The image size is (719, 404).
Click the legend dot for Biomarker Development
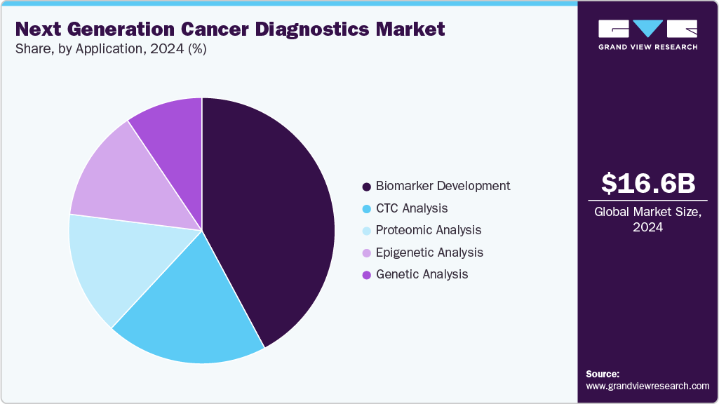click(x=366, y=187)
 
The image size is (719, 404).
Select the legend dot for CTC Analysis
click(x=366, y=209)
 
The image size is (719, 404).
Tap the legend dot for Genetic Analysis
click(x=366, y=275)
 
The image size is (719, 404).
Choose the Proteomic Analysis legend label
click(x=429, y=230)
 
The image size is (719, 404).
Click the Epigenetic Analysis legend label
click(x=429, y=252)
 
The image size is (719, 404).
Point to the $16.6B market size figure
click(x=648, y=183)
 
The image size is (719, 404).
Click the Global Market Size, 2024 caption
click(x=648, y=220)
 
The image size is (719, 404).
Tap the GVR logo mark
click(x=648, y=29)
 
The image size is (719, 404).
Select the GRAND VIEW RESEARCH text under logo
click(x=648, y=47)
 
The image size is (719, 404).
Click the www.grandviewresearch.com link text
click(x=647, y=386)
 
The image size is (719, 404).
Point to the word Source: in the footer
click(x=603, y=374)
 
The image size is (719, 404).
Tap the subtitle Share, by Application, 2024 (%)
click(x=111, y=49)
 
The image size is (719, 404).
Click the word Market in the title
click(x=412, y=29)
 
